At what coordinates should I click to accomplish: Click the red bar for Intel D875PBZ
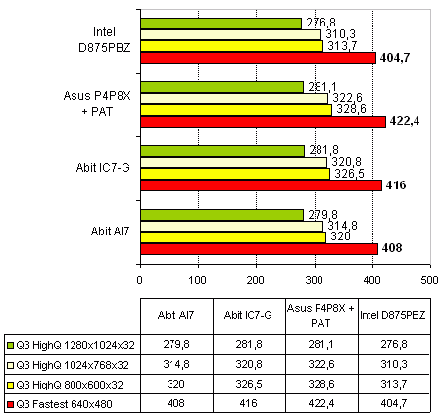258,58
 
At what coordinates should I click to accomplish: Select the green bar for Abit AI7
222,215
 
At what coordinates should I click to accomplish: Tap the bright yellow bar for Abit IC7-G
235,174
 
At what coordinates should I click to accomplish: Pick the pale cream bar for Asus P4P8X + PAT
234,98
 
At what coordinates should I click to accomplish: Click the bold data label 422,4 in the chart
405,121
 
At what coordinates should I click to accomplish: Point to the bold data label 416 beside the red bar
396,185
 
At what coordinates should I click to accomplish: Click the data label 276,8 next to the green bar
320,23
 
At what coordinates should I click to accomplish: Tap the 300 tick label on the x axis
315,280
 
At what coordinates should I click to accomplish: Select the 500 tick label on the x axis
430,280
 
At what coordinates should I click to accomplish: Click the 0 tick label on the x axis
140,280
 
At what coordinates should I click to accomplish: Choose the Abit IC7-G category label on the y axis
103,167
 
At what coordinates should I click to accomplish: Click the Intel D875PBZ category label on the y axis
105,40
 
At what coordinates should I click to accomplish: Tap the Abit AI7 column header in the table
175,315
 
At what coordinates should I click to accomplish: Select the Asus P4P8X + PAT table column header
320,315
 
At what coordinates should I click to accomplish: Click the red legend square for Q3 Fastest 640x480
10,404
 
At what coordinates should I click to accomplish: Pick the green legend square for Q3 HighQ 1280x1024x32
10,345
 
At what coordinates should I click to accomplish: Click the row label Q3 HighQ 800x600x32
70,385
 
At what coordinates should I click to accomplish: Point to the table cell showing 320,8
249,364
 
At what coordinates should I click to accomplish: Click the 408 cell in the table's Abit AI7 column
175,403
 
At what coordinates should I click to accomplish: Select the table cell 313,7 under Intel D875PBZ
394,384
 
